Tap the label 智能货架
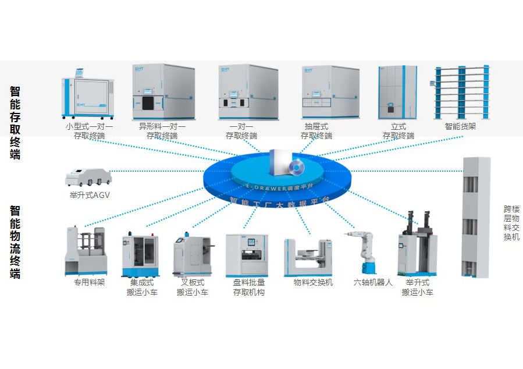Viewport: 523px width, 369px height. tap(460, 126)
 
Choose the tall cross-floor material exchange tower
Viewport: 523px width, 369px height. tap(476, 217)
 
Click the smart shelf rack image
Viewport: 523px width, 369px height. tap(461, 92)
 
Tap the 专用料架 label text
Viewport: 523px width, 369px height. tap(90, 283)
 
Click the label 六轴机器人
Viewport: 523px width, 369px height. tap(373, 283)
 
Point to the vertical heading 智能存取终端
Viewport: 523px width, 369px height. tap(16, 123)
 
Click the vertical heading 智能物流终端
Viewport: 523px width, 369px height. tap(16, 242)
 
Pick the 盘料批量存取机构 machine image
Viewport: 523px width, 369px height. tap(247, 256)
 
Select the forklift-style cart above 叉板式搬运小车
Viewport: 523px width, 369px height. tap(193, 256)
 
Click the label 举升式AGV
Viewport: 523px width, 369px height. tap(89, 196)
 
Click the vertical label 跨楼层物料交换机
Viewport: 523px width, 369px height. tap(511, 223)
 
